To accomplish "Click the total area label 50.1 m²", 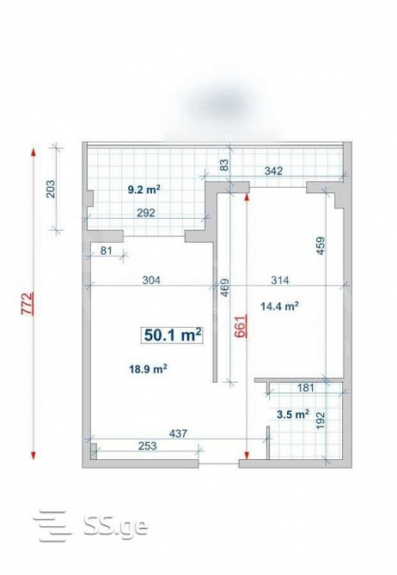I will tap(173, 336).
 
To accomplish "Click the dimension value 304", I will tap(150, 280).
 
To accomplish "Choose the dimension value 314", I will tap(280, 280).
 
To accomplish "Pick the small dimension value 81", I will tap(106, 251).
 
